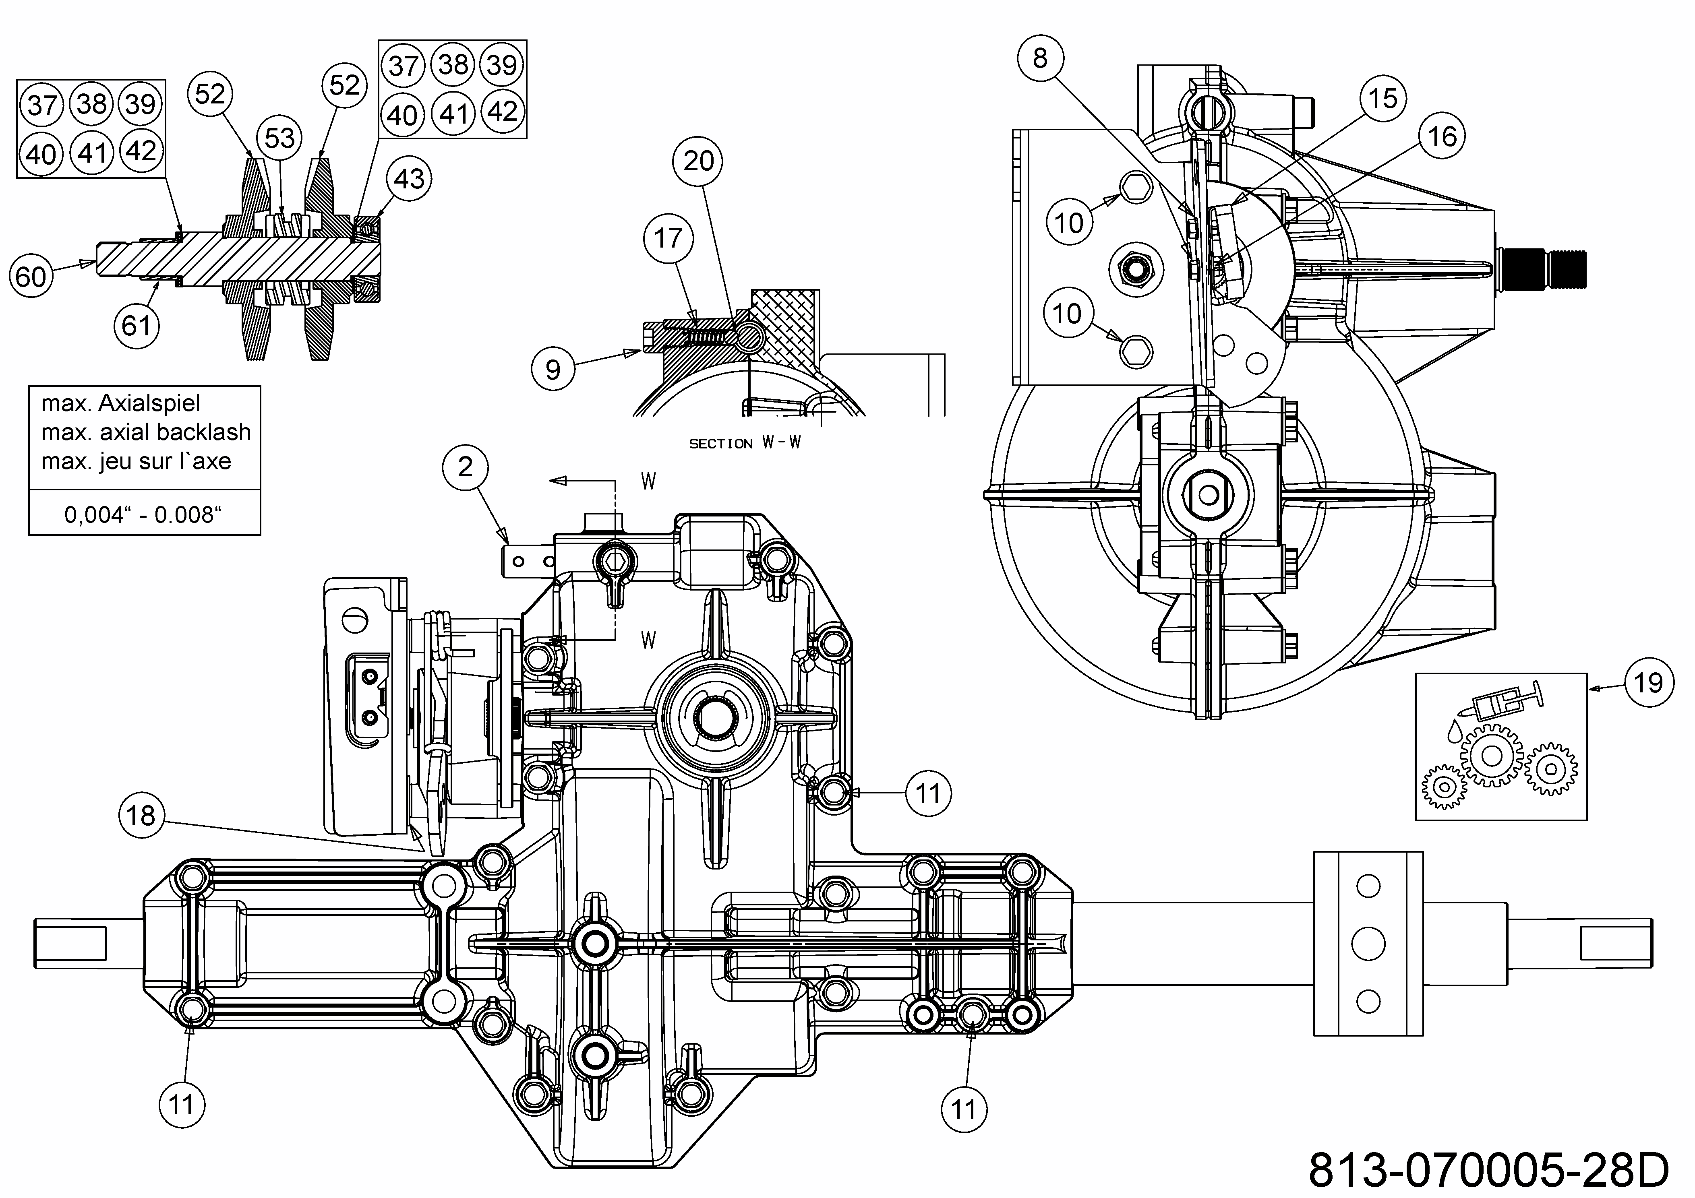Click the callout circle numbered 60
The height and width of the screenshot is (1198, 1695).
click(x=31, y=277)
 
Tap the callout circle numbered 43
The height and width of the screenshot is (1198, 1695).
click(x=410, y=179)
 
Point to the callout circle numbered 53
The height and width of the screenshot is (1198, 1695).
click(x=280, y=138)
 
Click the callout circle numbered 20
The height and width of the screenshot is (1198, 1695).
click(x=698, y=161)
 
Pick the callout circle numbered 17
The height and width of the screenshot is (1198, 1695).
click(x=668, y=238)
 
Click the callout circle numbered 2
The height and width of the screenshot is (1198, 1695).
click(x=465, y=467)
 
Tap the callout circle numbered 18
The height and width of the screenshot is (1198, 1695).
click(x=141, y=816)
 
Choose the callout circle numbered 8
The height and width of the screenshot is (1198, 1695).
click(x=1040, y=58)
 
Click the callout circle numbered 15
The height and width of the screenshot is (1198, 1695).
click(x=1383, y=98)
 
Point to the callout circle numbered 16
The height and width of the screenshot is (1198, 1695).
click(x=1442, y=136)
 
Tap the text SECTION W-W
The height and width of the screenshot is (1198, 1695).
click(x=744, y=443)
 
